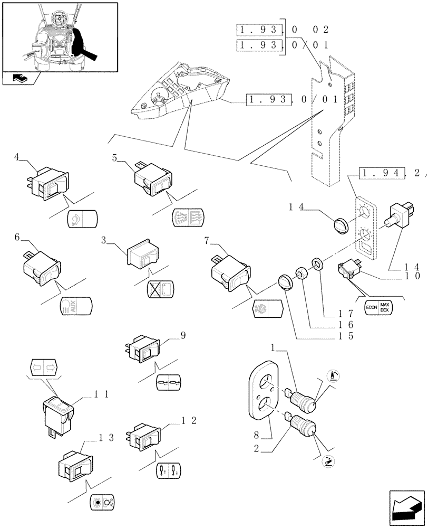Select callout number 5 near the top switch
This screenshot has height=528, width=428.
(114, 157)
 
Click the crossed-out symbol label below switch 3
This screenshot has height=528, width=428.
(160, 290)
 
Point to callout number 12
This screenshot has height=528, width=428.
(188, 420)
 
